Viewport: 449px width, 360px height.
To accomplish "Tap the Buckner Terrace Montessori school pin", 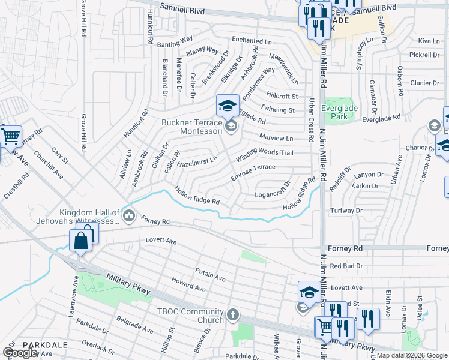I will pyautogui.click(x=228, y=107).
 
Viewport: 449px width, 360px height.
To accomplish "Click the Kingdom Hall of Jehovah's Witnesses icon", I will pyautogui.click(x=128, y=215).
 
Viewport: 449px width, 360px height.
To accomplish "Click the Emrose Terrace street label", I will pyautogui.click(x=253, y=172).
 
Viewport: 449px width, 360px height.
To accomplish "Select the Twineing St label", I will pyautogui.click(x=277, y=110).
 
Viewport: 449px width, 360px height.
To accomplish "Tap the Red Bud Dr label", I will pyautogui.click(x=344, y=265).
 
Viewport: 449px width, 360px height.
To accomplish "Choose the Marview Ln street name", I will pyautogui.click(x=276, y=138).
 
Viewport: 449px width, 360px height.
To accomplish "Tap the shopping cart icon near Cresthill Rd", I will pyautogui.click(x=10, y=137).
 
